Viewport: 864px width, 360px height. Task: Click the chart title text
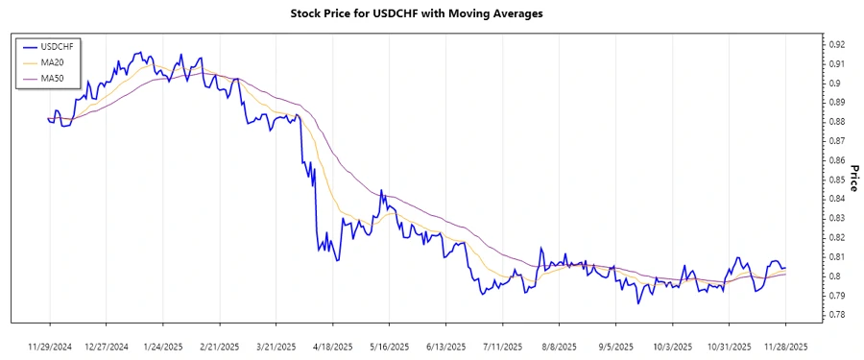[416, 13]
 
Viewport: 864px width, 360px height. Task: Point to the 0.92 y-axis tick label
[836, 44]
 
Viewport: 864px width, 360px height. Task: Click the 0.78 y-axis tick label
[836, 315]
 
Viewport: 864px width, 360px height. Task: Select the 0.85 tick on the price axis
[836, 180]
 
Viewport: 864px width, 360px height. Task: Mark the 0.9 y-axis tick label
[833, 83]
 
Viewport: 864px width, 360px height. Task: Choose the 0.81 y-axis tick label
[836, 256]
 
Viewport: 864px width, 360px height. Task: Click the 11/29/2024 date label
[50, 346]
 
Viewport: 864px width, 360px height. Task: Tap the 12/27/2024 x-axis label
[107, 346]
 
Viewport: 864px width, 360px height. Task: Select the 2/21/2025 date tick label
[220, 346]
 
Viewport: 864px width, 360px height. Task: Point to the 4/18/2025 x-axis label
[333, 346]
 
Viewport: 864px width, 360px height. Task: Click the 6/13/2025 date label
[446, 346]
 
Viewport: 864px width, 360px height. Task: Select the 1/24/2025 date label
[163, 346]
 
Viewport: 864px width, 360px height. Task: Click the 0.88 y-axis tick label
[836, 121]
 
